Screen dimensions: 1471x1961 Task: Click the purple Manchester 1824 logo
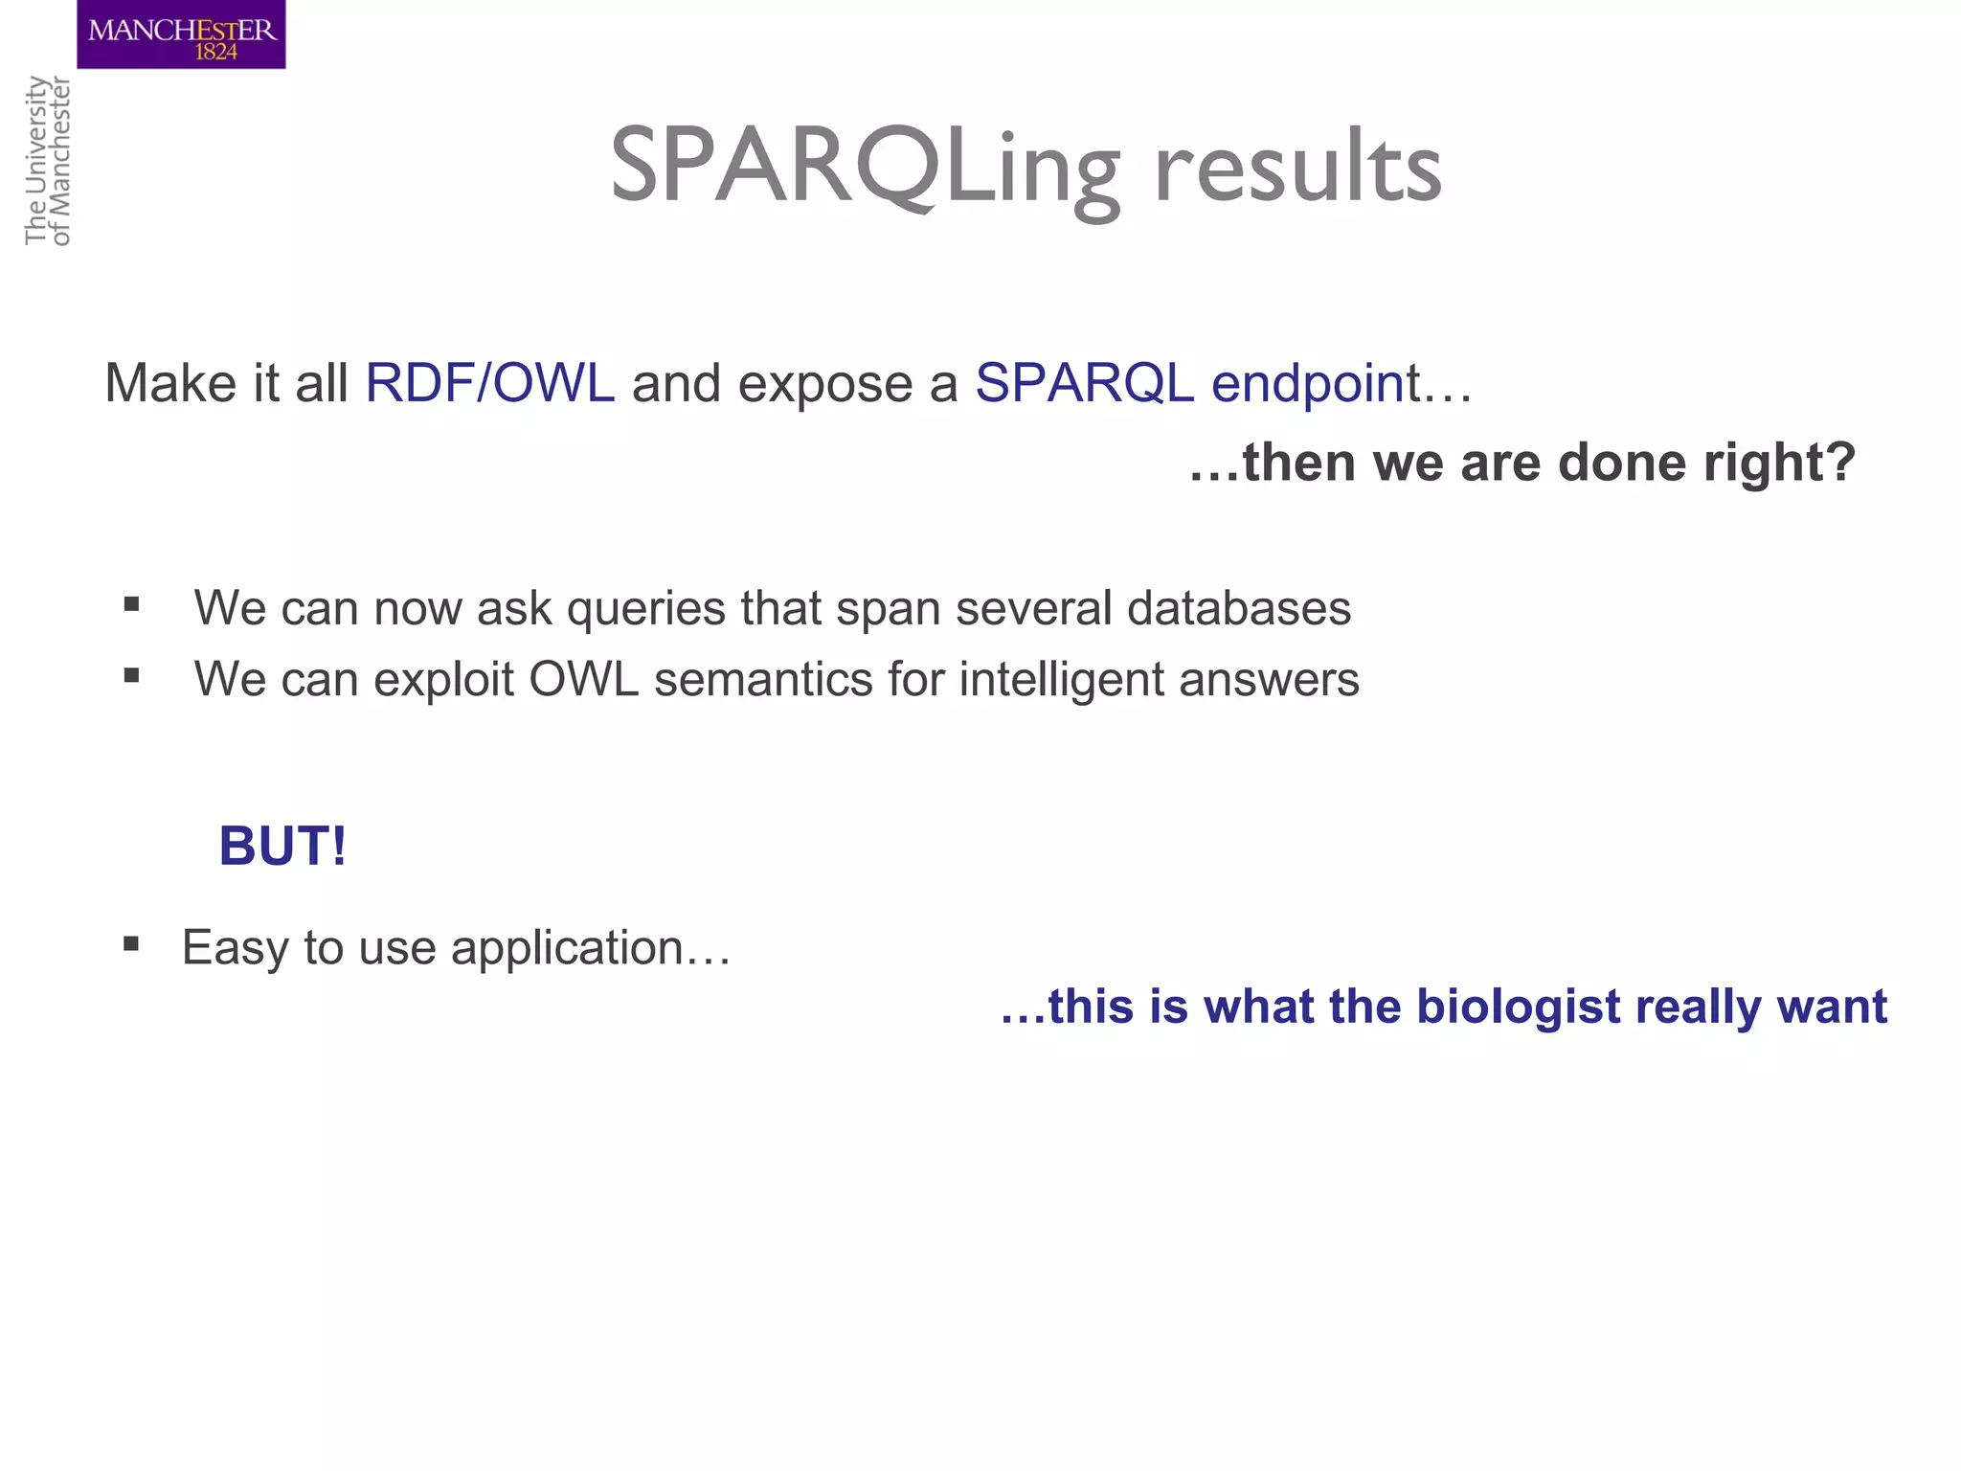click(181, 34)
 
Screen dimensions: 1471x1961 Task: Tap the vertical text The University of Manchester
click(48, 161)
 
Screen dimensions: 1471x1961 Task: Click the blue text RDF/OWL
click(489, 383)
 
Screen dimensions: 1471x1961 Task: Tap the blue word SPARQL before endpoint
click(1084, 383)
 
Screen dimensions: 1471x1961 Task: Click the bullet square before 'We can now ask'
click(132, 604)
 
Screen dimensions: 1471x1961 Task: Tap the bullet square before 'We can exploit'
click(132, 675)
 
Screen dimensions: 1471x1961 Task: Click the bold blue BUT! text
click(282, 846)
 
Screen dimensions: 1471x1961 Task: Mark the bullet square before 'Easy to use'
click(132, 944)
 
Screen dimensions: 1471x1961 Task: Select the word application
click(567, 949)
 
